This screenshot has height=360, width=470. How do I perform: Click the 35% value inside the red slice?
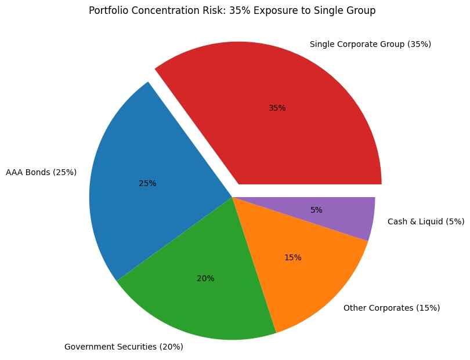tap(277, 108)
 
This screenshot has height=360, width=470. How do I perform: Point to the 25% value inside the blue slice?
tap(147, 183)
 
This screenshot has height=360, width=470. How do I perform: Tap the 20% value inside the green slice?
tap(205, 278)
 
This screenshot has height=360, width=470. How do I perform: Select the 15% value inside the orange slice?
tap(292, 257)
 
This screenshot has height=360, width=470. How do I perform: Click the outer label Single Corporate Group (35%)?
tap(370, 44)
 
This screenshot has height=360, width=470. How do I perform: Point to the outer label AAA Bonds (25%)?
tap(41, 172)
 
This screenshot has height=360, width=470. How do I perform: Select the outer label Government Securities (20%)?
tap(124, 347)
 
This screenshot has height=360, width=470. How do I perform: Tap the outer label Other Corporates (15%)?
tap(392, 307)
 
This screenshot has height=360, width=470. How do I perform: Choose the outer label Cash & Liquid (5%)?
tap(425, 221)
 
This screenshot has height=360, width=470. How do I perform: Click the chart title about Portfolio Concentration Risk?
tap(232, 10)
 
